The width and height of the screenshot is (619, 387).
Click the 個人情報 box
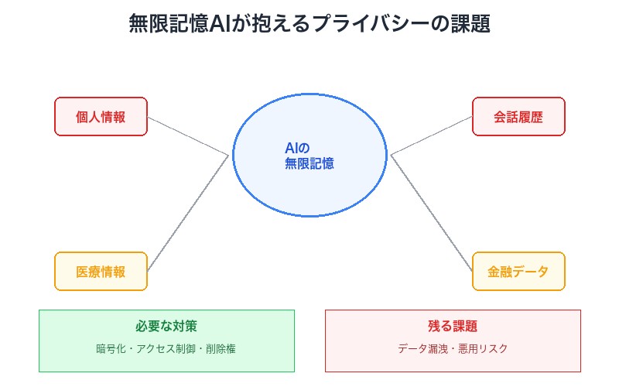[x=101, y=117]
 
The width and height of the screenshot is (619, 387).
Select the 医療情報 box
[x=101, y=272]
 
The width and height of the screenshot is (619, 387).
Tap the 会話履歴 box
[x=518, y=117]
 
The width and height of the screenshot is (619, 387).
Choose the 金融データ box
[x=518, y=272]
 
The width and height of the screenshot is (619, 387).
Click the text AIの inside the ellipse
[x=297, y=149]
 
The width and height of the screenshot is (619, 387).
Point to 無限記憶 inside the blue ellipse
[x=309, y=163]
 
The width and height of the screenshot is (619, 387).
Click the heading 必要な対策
[x=166, y=326]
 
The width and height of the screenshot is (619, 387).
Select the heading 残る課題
[x=453, y=326]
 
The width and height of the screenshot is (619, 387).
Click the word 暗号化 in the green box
[x=109, y=349]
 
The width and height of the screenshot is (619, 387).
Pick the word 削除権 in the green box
[x=221, y=349]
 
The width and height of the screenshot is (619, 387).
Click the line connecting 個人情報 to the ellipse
[x=188, y=136]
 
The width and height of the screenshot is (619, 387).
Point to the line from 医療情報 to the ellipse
[x=188, y=213]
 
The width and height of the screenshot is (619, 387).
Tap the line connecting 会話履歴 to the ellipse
[x=431, y=136]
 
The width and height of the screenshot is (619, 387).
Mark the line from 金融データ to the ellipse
[x=431, y=213]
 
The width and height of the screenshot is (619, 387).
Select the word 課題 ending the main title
[x=472, y=24]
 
